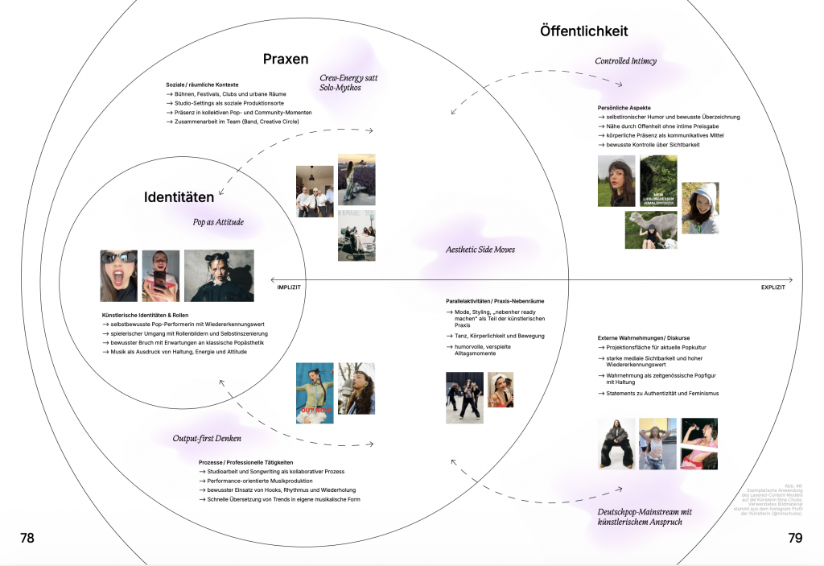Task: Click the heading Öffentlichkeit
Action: pyautogui.click(x=583, y=31)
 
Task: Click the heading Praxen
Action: pyautogui.click(x=286, y=59)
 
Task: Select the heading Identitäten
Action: pyautogui.click(x=179, y=197)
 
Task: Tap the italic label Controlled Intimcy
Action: pyautogui.click(x=625, y=61)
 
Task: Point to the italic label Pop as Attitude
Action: pyautogui.click(x=217, y=222)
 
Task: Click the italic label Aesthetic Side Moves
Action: pyautogui.click(x=480, y=250)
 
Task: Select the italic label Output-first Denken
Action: pyautogui.click(x=207, y=439)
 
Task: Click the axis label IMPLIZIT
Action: pyautogui.click(x=289, y=287)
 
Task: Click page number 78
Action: pyautogui.click(x=27, y=538)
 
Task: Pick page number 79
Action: pyautogui.click(x=796, y=538)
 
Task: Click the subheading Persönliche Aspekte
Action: pyautogui.click(x=624, y=107)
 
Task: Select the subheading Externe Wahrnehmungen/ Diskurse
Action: pyautogui.click(x=644, y=337)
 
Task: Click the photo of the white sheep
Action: pyautogui.click(x=651, y=229)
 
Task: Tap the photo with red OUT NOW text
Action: pyautogui.click(x=315, y=391)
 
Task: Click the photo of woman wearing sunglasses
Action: pyautogui.click(x=118, y=275)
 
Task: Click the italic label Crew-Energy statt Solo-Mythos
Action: pyautogui.click(x=348, y=82)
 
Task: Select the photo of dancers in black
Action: pyautogui.click(x=465, y=397)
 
